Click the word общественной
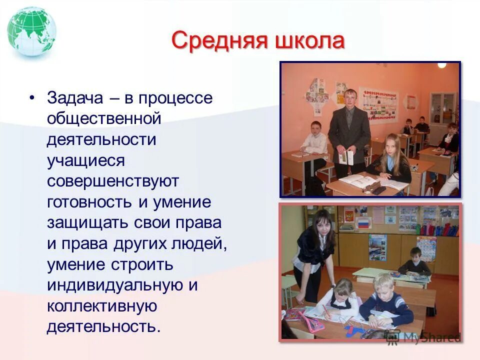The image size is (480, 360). coord(104,118)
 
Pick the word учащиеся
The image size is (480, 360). coord(85,160)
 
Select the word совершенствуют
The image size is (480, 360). coord(112,181)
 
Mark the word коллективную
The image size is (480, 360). coord(102,306)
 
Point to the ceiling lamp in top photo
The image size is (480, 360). coord(441,65)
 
